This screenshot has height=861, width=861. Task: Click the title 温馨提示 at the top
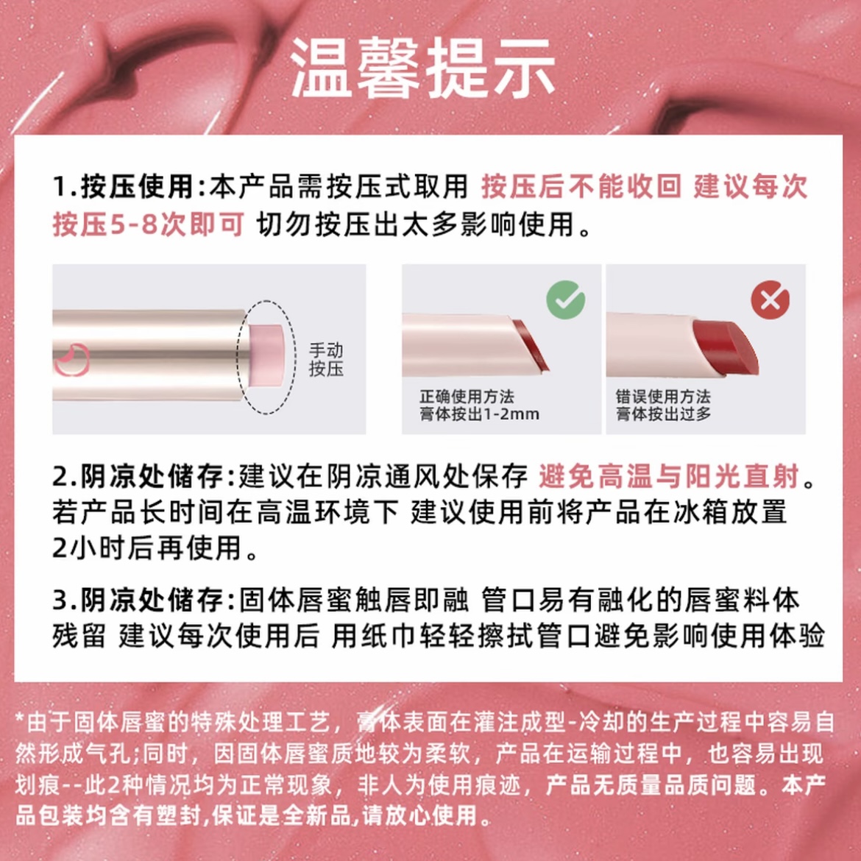point(423,68)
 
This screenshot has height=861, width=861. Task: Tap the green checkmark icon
point(565,300)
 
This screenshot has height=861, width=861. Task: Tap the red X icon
point(770,300)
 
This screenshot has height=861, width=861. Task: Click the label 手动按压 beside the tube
point(326,360)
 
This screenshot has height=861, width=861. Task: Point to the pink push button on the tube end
point(263,353)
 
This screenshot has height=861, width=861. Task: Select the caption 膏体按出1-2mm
point(479,414)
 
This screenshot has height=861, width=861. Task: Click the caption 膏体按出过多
point(663,414)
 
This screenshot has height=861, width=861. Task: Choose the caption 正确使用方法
point(467,397)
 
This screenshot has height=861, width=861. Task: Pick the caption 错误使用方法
point(663,397)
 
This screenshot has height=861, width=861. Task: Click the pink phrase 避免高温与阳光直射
point(668,477)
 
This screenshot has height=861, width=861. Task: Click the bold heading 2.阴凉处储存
point(137,477)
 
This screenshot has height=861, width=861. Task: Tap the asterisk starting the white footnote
point(20,720)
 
